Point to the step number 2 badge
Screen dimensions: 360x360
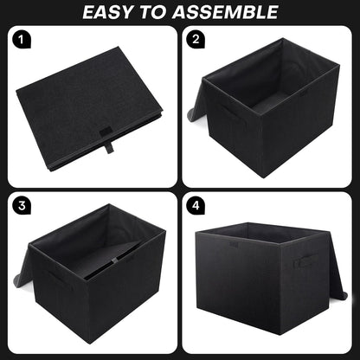tap(196, 40)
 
